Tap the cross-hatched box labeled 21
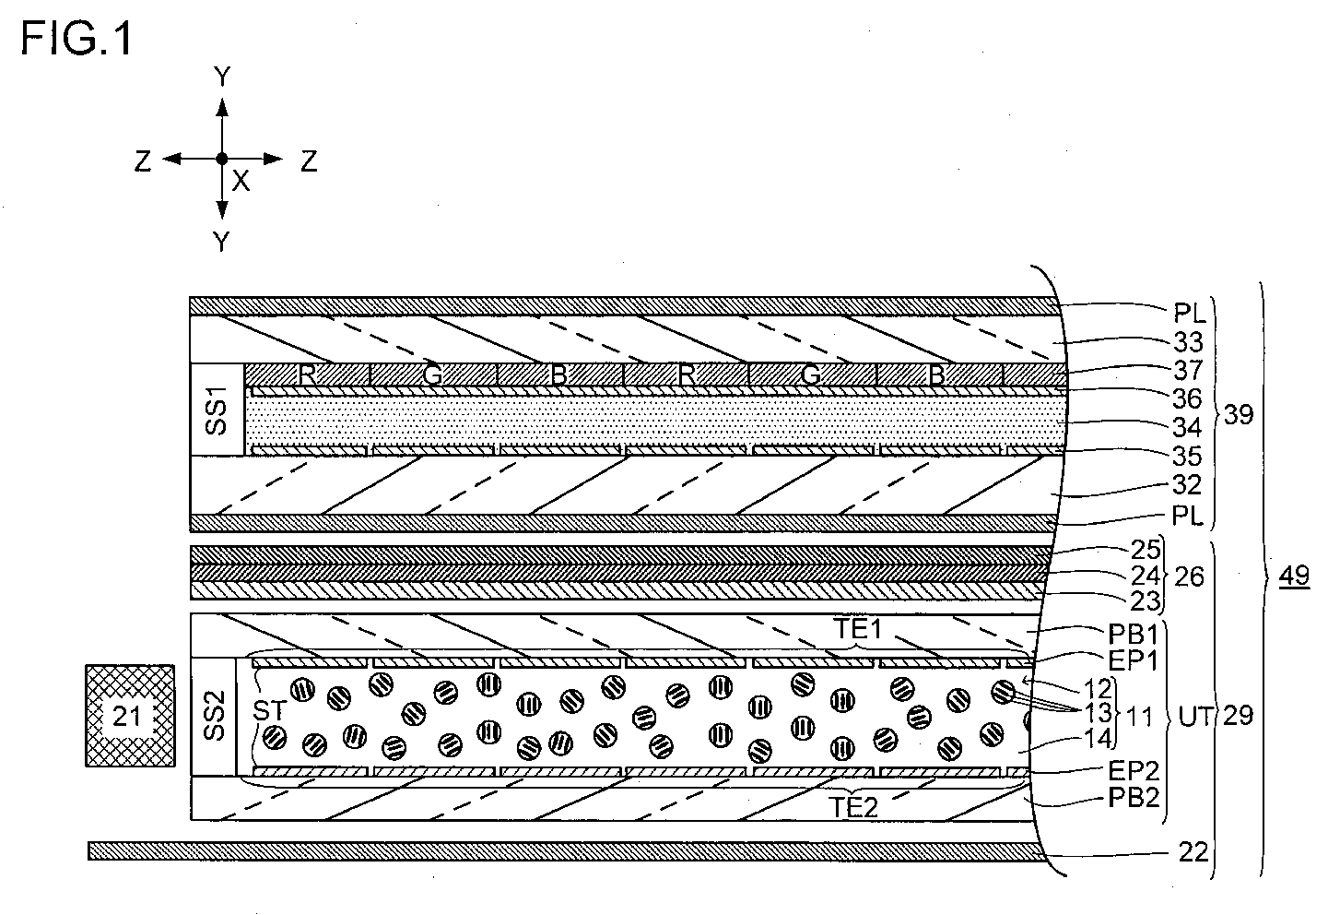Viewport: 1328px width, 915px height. pyautogui.click(x=128, y=715)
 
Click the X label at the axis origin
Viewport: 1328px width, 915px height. pyautogui.click(x=241, y=182)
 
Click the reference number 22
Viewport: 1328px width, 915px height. pyautogui.click(x=1193, y=851)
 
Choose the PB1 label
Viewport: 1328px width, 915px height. pyautogui.click(x=1134, y=634)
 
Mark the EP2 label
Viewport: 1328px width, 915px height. pyautogui.click(x=1134, y=769)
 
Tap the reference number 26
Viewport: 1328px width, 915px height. pyautogui.click(x=1187, y=576)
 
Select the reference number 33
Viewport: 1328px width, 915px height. pyautogui.click(x=1189, y=343)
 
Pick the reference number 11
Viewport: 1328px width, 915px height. pyautogui.click(x=1139, y=715)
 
